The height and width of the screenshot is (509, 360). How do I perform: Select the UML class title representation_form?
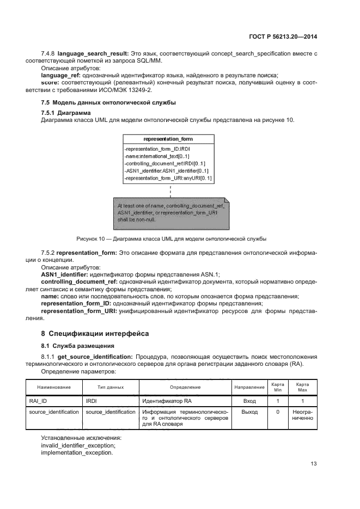click(170, 139)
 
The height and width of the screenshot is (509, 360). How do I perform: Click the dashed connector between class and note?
click(170, 191)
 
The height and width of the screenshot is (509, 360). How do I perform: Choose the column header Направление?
click(249, 387)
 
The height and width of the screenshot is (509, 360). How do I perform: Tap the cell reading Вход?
click(249, 401)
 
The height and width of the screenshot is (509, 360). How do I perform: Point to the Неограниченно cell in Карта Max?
click(302, 416)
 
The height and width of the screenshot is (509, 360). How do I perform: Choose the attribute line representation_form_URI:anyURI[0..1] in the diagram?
click(168, 178)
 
